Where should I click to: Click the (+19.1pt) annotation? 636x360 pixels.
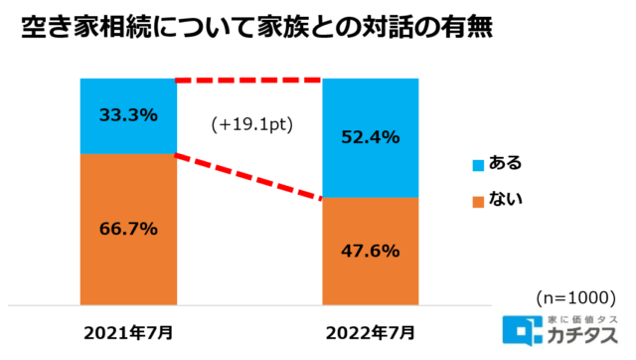coord(248,126)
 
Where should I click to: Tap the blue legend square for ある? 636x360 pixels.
coord(477,163)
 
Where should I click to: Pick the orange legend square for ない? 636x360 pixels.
coord(477,200)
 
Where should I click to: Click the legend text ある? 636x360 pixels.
coord(506,163)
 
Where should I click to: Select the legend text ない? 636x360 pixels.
coord(506,200)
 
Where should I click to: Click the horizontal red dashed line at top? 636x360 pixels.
coord(249,80)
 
